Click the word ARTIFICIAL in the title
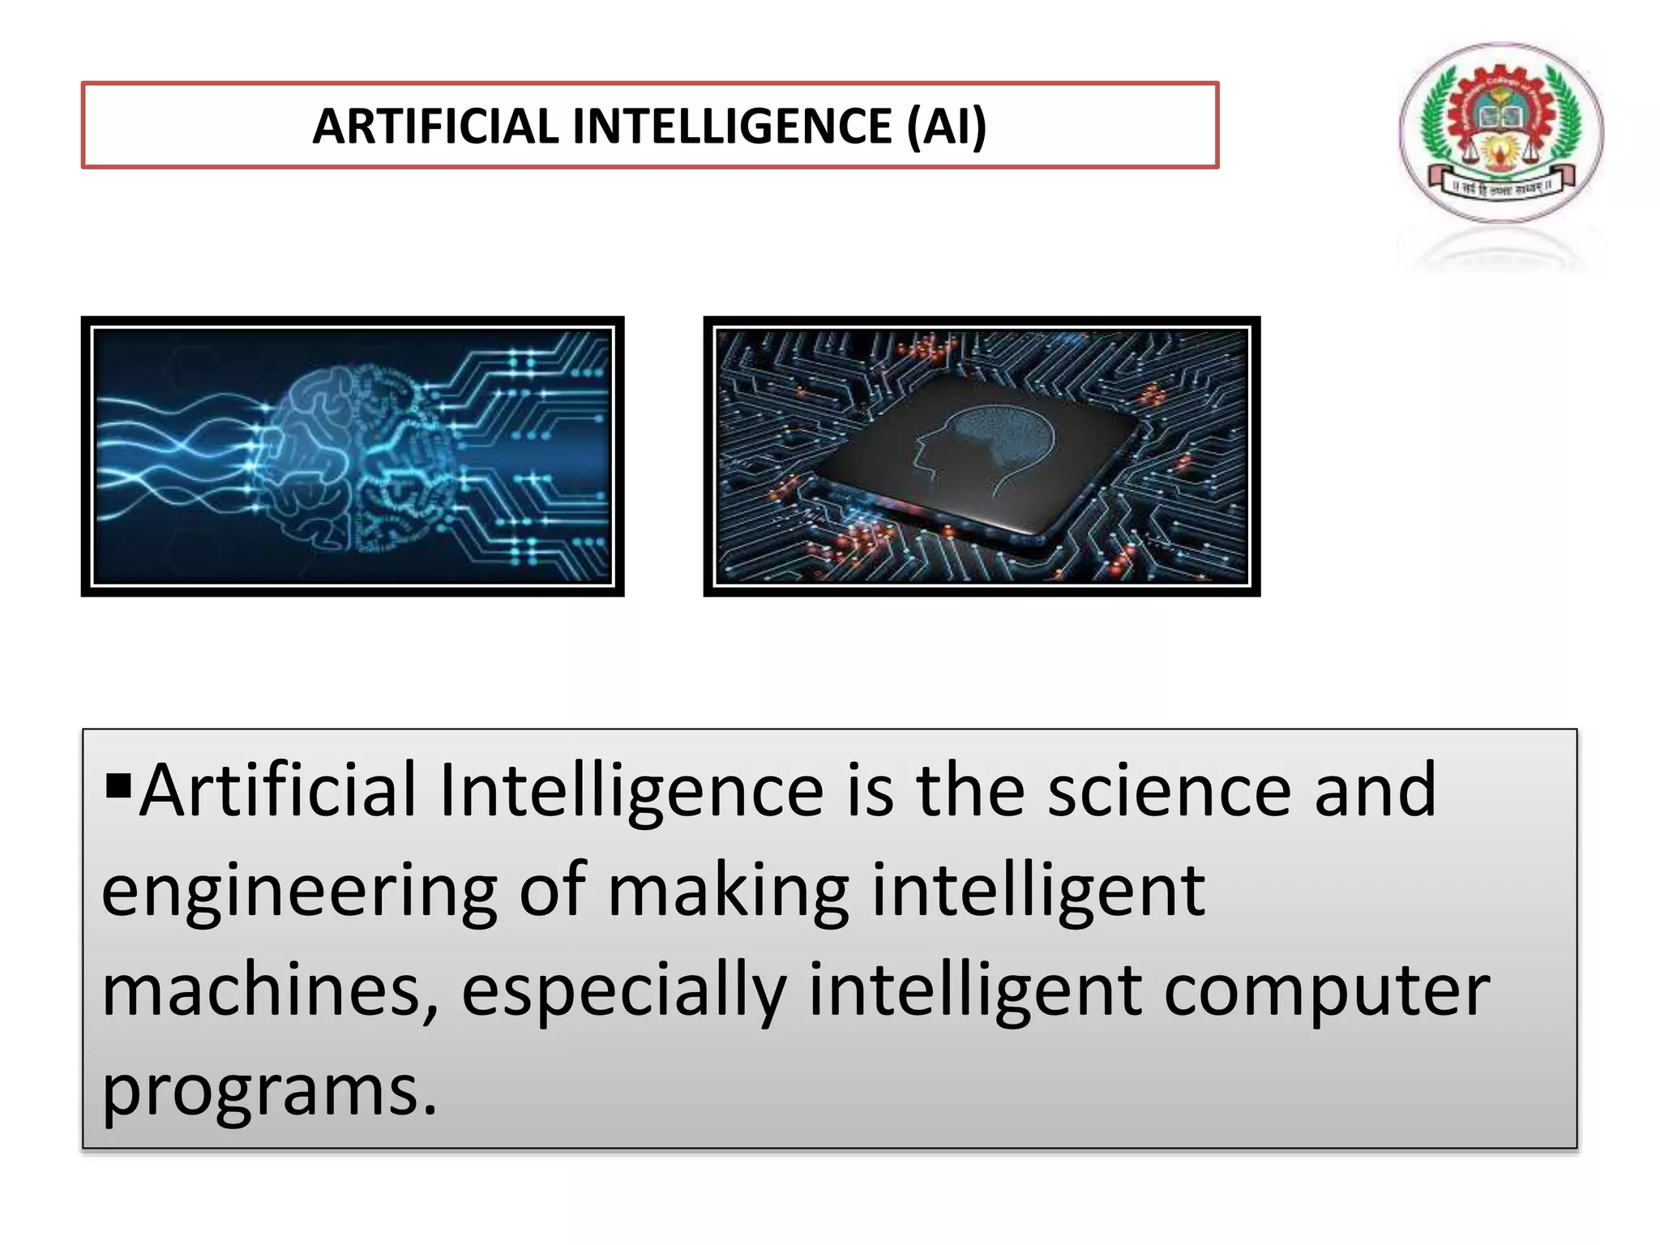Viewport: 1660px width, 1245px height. coord(435,126)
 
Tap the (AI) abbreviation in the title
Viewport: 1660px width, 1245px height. coord(946,126)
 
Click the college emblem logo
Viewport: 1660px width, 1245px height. coord(1501,132)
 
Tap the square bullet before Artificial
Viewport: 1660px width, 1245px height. coord(118,785)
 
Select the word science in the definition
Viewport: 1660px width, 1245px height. coord(1169,792)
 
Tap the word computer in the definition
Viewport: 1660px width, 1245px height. coord(1327,992)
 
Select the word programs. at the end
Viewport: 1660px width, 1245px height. coord(269,1092)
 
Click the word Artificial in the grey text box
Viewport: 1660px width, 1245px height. coord(278,792)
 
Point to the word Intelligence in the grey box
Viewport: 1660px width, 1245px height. coord(631,792)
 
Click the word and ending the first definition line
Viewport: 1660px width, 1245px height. coord(1375,792)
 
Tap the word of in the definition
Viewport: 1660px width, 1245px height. coord(553,892)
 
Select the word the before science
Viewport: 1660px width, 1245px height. coord(970,792)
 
